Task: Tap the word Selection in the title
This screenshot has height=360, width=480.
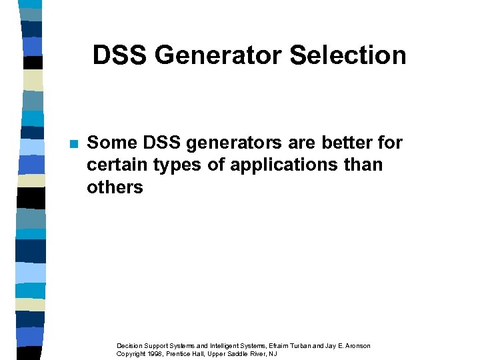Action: point(348,55)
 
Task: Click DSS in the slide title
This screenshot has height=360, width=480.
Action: point(120,55)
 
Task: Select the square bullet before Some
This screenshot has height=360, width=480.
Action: point(73,144)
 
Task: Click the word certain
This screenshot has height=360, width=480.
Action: point(116,165)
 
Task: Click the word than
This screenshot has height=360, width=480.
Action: point(365,165)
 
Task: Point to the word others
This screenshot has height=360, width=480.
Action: point(115,188)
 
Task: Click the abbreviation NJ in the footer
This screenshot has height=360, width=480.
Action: point(273,354)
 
